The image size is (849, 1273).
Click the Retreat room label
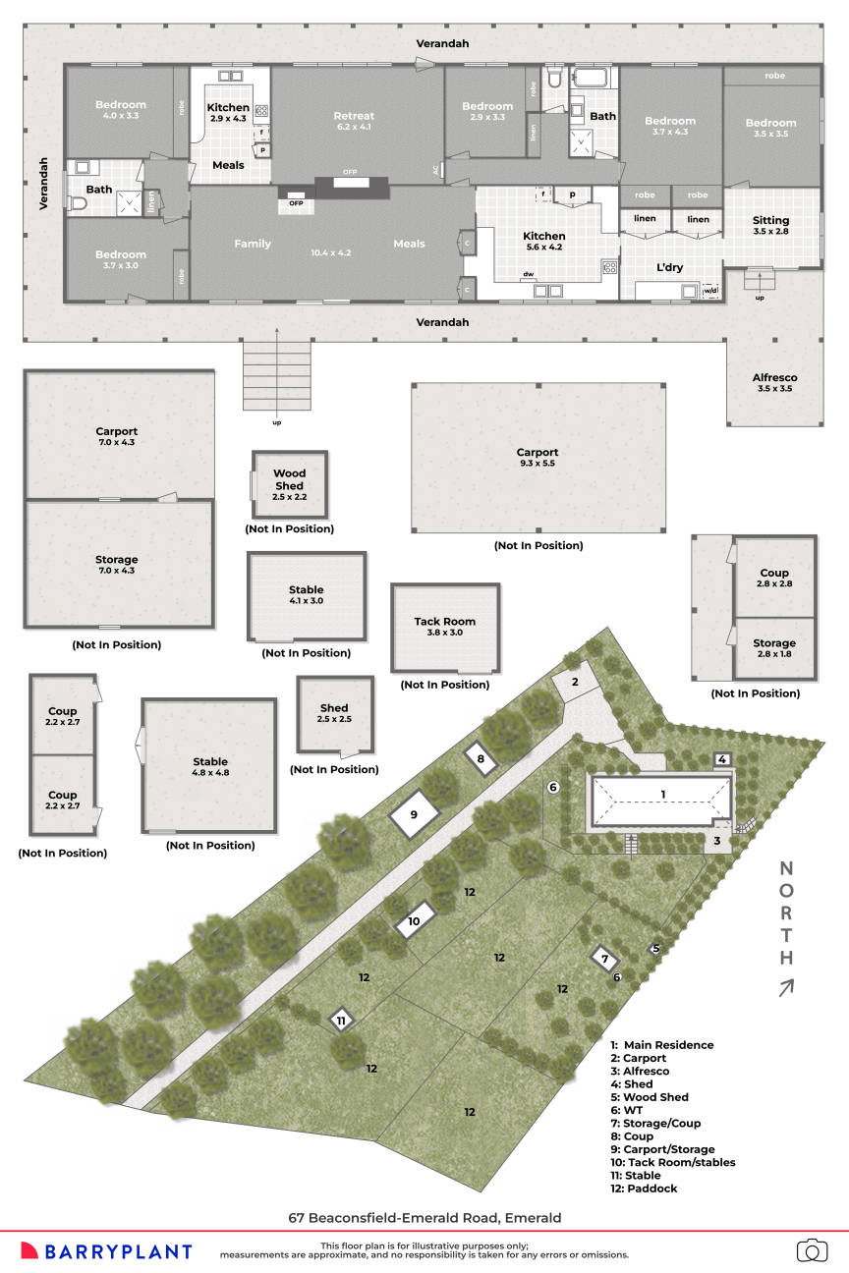pyautogui.click(x=354, y=116)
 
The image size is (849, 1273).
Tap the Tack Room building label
pyautogui.click(x=444, y=621)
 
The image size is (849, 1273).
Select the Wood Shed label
pyautogui.click(x=289, y=479)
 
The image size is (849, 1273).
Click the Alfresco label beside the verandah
pyautogui.click(x=774, y=377)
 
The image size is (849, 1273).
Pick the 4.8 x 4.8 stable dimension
pyautogui.click(x=210, y=774)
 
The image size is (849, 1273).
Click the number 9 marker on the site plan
pyautogui.click(x=414, y=814)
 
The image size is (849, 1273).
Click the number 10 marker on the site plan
pyautogui.click(x=414, y=921)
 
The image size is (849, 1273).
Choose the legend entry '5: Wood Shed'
pyautogui.click(x=649, y=1097)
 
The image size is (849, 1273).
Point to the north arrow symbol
pyautogui.click(x=786, y=988)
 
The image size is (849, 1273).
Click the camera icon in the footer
pyautogui.click(x=812, y=1250)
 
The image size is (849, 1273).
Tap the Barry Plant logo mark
pyautogui.click(x=29, y=1250)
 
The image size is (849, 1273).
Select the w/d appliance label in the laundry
pyautogui.click(x=709, y=291)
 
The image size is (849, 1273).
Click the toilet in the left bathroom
pyautogui.click(x=80, y=204)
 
